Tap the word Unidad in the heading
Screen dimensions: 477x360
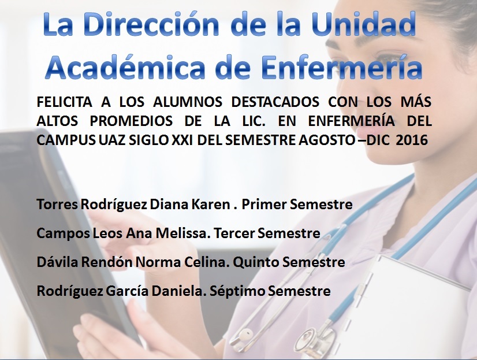(x=364, y=24)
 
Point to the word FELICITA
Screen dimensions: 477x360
(x=64, y=102)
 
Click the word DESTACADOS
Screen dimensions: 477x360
(x=275, y=102)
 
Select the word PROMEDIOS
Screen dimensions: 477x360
(x=131, y=121)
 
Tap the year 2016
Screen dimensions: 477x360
(x=412, y=140)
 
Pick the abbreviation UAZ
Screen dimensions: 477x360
(x=113, y=140)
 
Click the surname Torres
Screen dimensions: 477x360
(x=57, y=204)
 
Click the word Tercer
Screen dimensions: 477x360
(x=234, y=233)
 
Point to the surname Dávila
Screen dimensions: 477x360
(x=54, y=262)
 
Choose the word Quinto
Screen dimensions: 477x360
(x=256, y=262)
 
